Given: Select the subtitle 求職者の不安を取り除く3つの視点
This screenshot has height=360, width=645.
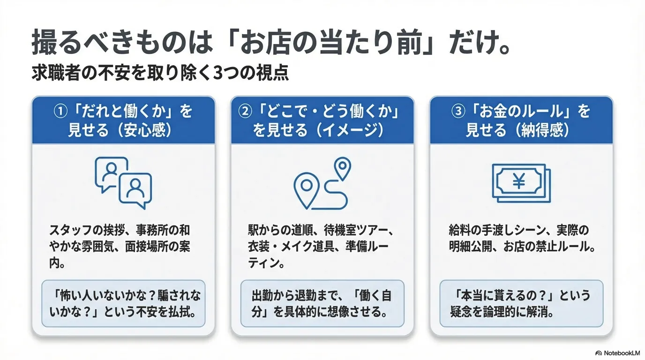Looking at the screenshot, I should click(x=160, y=75).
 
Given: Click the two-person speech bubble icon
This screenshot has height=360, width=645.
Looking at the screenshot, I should click(x=123, y=182).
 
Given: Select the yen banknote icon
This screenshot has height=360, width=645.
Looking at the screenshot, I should click(x=521, y=182).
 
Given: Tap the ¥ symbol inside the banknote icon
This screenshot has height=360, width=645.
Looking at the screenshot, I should click(x=518, y=181).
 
